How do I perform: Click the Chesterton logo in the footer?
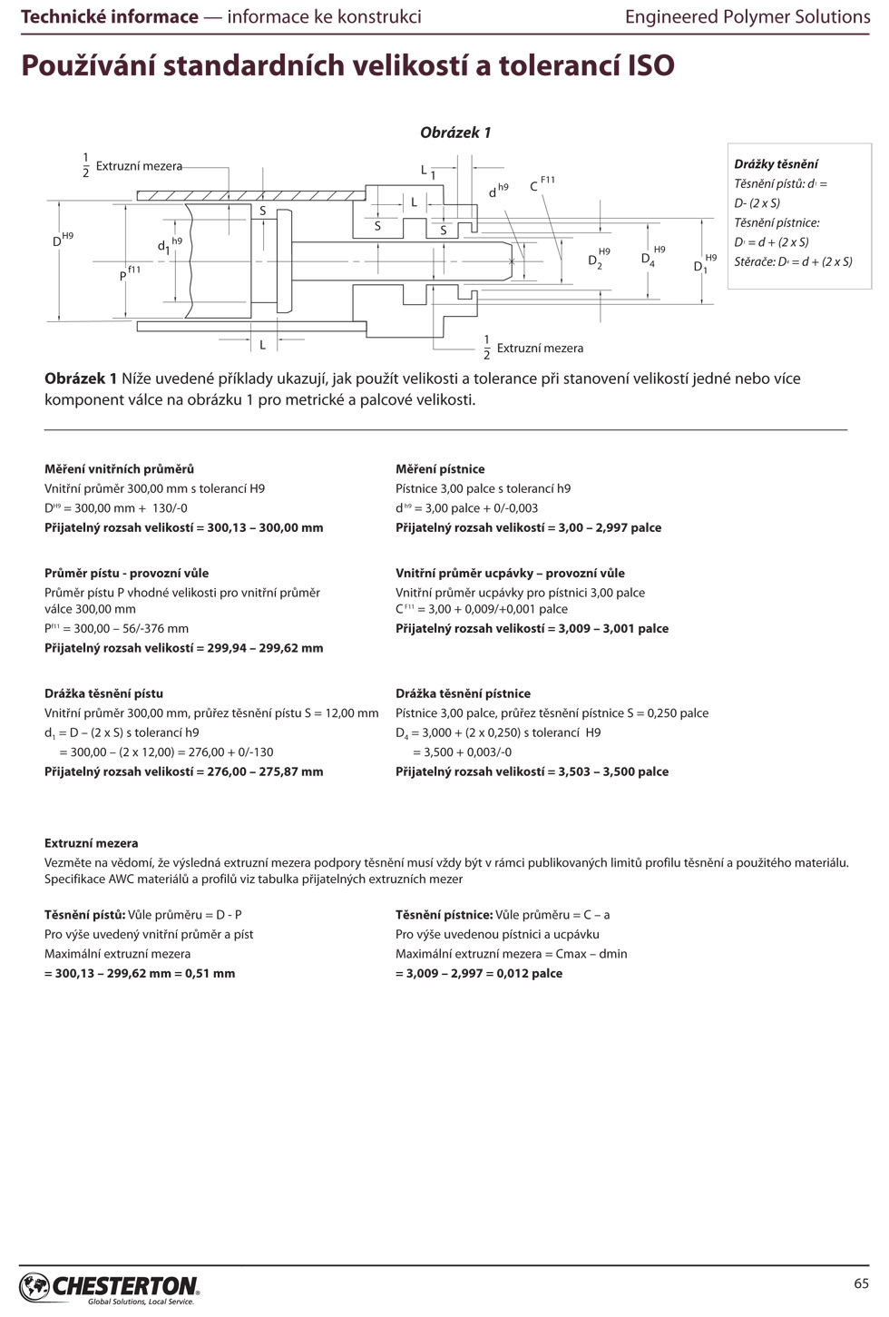[x=109, y=1287]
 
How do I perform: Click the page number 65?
[x=861, y=1283]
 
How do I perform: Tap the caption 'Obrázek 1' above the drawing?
[x=455, y=133]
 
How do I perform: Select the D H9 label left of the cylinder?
[x=62, y=240]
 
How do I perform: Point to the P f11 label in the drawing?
[x=129, y=273]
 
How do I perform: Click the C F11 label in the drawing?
[x=542, y=184]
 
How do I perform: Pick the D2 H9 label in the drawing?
[x=599, y=259]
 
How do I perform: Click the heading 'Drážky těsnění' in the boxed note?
[x=776, y=164]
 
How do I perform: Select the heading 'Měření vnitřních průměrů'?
[x=119, y=469]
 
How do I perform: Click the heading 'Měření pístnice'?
[x=440, y=469]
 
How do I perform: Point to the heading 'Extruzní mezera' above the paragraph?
[x=91, y=843]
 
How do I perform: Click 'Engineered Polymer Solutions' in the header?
[x=747, y=16]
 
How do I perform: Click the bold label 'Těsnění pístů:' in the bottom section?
[x=84, y=915]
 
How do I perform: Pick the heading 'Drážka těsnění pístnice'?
[x=463, y=693]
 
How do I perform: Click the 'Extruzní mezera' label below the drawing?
[x=540, y=349]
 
